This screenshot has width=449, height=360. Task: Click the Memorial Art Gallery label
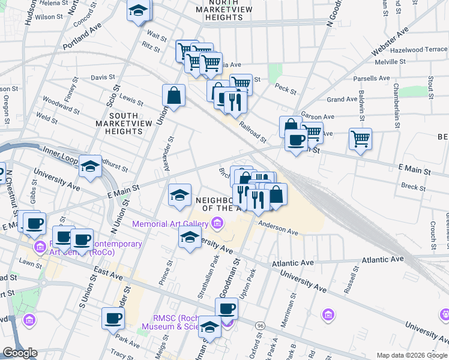click(x=174, y=224)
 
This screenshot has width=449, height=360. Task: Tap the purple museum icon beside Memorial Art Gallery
click(x=216, y=224)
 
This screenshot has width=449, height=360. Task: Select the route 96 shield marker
click(x=260, y=325)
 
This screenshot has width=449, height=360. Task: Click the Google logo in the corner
click(x=19, y=353)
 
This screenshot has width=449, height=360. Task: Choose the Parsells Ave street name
click(x=372, y=79)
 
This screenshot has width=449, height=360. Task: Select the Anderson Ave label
click(x=278, y=228)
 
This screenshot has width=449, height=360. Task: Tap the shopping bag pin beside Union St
click(x=173, y=95)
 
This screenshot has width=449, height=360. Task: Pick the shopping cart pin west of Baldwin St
click(x=360, y=139)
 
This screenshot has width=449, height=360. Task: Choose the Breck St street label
click(x=414, y=187)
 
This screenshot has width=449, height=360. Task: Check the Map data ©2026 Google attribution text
click(x=411, y=355)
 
